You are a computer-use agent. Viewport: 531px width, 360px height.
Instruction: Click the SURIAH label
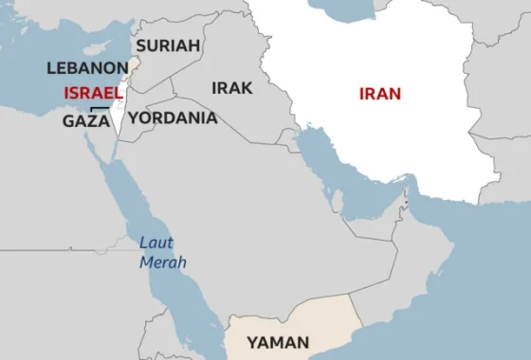click(168, 45)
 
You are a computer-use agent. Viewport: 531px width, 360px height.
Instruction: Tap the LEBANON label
click(86, 68)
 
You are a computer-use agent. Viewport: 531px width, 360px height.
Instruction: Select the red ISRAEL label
click(93, 93)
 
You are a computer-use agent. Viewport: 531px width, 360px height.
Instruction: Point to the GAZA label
click(86, 120)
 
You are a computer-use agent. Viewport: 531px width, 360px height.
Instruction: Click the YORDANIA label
click(173, 118)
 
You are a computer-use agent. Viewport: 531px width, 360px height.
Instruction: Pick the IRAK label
click(232, 88)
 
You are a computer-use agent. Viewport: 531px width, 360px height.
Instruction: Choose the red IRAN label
click(380, 93)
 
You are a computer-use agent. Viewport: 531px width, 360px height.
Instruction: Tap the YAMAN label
click(278, 343)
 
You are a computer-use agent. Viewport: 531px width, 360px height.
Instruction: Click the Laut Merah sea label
click(163, 252)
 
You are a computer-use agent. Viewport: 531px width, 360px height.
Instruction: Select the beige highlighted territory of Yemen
click(313, 322)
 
